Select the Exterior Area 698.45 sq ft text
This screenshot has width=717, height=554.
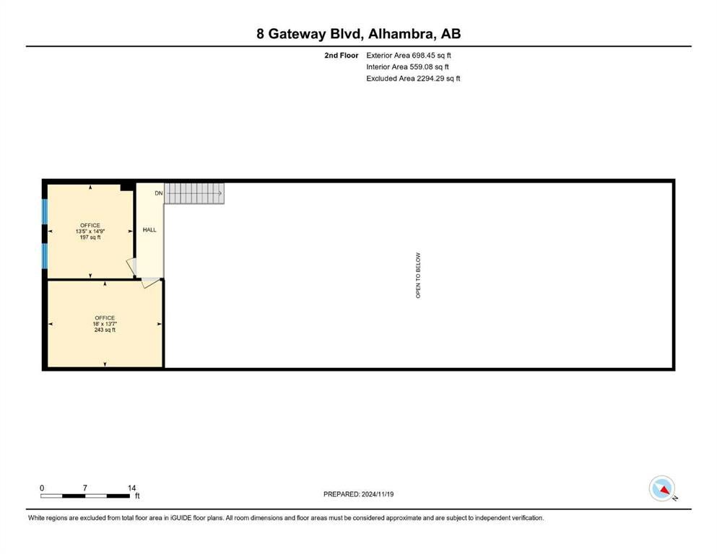point(409,56)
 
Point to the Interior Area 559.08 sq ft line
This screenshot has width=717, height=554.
point(407,66)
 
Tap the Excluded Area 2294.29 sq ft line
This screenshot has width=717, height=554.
point(413,79)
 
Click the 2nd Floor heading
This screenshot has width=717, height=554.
point(341,56)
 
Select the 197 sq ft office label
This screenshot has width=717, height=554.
point(90,231)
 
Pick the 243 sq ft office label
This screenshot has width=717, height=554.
point(105,324)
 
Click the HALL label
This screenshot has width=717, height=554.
point(149,229)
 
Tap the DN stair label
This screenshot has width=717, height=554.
point(159,193)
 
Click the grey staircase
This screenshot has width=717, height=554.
point(194,193)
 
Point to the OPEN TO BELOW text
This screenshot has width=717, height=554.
point(418,276)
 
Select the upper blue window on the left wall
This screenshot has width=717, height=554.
point(45,212)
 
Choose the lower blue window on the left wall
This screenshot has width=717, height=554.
point(45,256)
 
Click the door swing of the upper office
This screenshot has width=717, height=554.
point(131,267)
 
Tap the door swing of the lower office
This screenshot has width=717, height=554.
point(150,283)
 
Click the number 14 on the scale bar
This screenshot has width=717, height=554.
point(131,488)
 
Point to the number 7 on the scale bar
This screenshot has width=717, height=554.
point(85,488)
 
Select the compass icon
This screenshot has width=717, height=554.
point(662,488)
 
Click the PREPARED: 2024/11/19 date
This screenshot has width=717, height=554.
point(358,494)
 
